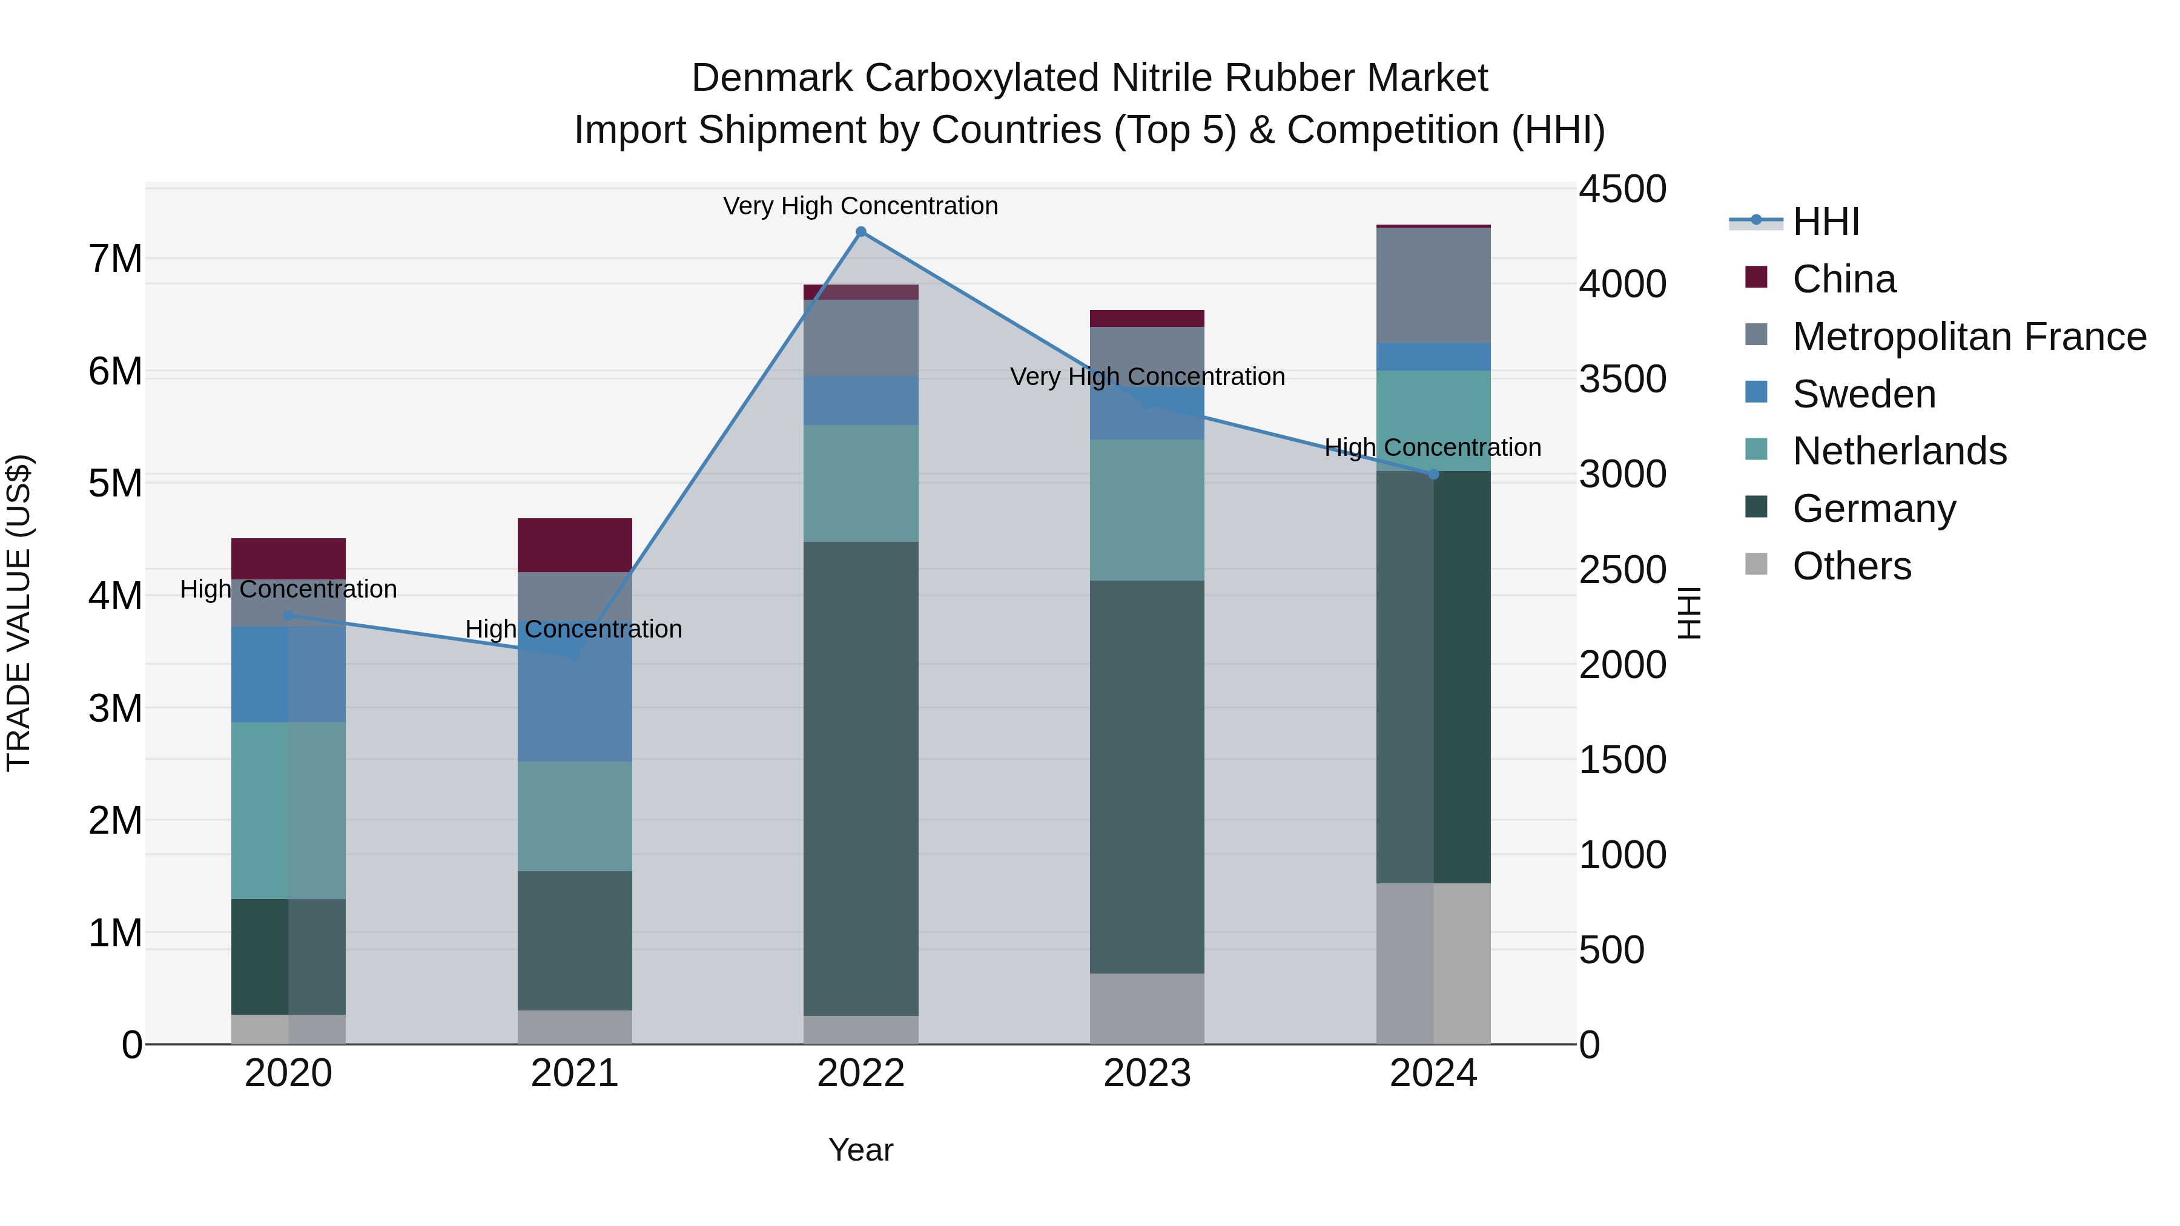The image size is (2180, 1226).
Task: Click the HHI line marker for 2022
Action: click(x=860, y=231)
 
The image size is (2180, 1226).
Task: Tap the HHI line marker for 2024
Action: click(x=1433, y=475)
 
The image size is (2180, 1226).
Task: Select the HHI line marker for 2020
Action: click(x=289, y=615)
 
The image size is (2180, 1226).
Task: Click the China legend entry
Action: click(x=1843, y=279)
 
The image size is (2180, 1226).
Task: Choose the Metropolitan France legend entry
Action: click(x=1969, y=337)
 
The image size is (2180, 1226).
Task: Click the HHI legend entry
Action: click(x=1825, y=222)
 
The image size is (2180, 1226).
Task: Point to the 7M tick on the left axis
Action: click(x=115, y=259)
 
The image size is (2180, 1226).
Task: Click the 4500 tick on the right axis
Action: click(x=1622, y=189)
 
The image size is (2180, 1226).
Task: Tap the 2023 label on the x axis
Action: click(x=1147, y=1073)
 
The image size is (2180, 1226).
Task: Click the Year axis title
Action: click(x=860, y=1150)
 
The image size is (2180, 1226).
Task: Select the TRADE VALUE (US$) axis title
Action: click(x=19, y=613)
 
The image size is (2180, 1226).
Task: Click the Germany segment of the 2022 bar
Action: click(x=860, y=779)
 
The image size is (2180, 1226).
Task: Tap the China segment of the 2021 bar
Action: click(x=575, y=545)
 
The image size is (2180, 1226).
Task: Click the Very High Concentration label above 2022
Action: click(x=860, y=206)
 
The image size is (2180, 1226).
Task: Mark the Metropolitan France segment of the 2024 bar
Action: click(x=1433, y=285)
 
